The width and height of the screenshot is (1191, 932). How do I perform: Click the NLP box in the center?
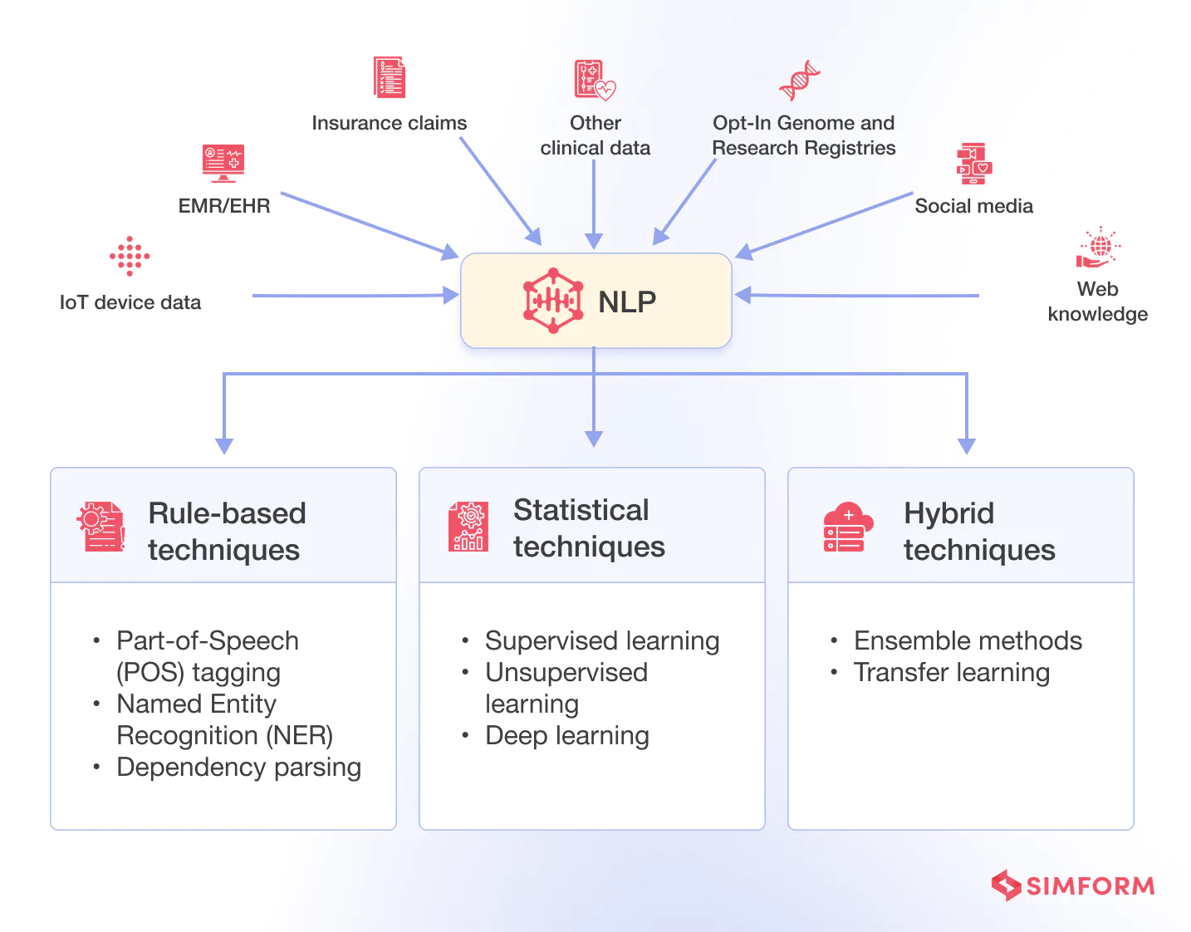click(x=595, y=301)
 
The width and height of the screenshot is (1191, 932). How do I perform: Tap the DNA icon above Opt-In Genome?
click(x=799, y=80)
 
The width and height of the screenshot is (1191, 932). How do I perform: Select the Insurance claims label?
click(x=389, y=123)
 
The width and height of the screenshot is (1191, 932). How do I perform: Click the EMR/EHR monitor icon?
click(x=223, y=163)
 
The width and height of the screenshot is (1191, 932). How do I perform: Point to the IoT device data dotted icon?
click(x=130, y=256)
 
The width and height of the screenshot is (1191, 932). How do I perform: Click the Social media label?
click(x=973, y=206)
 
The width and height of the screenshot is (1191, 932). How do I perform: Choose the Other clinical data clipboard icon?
click(x=595, y=80)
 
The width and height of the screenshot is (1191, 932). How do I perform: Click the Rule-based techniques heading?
click(x=226, y=531)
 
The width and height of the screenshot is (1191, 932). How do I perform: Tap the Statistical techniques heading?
click(x=589, y=527)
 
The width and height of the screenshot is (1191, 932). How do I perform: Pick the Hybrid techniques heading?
click(x=978, y=531)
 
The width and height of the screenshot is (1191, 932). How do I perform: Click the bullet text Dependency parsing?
click(x=238, y=767)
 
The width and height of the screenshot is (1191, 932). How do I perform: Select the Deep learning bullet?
click(x=566, y=735)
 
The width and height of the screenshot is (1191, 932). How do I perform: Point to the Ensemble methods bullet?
click(x=968, y=640)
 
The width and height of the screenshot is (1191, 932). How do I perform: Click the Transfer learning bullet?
click(x=951, y=672)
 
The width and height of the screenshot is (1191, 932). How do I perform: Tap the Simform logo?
click(x=1072, y=885)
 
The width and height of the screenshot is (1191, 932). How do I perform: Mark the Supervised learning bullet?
click(x=602, y=640)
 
